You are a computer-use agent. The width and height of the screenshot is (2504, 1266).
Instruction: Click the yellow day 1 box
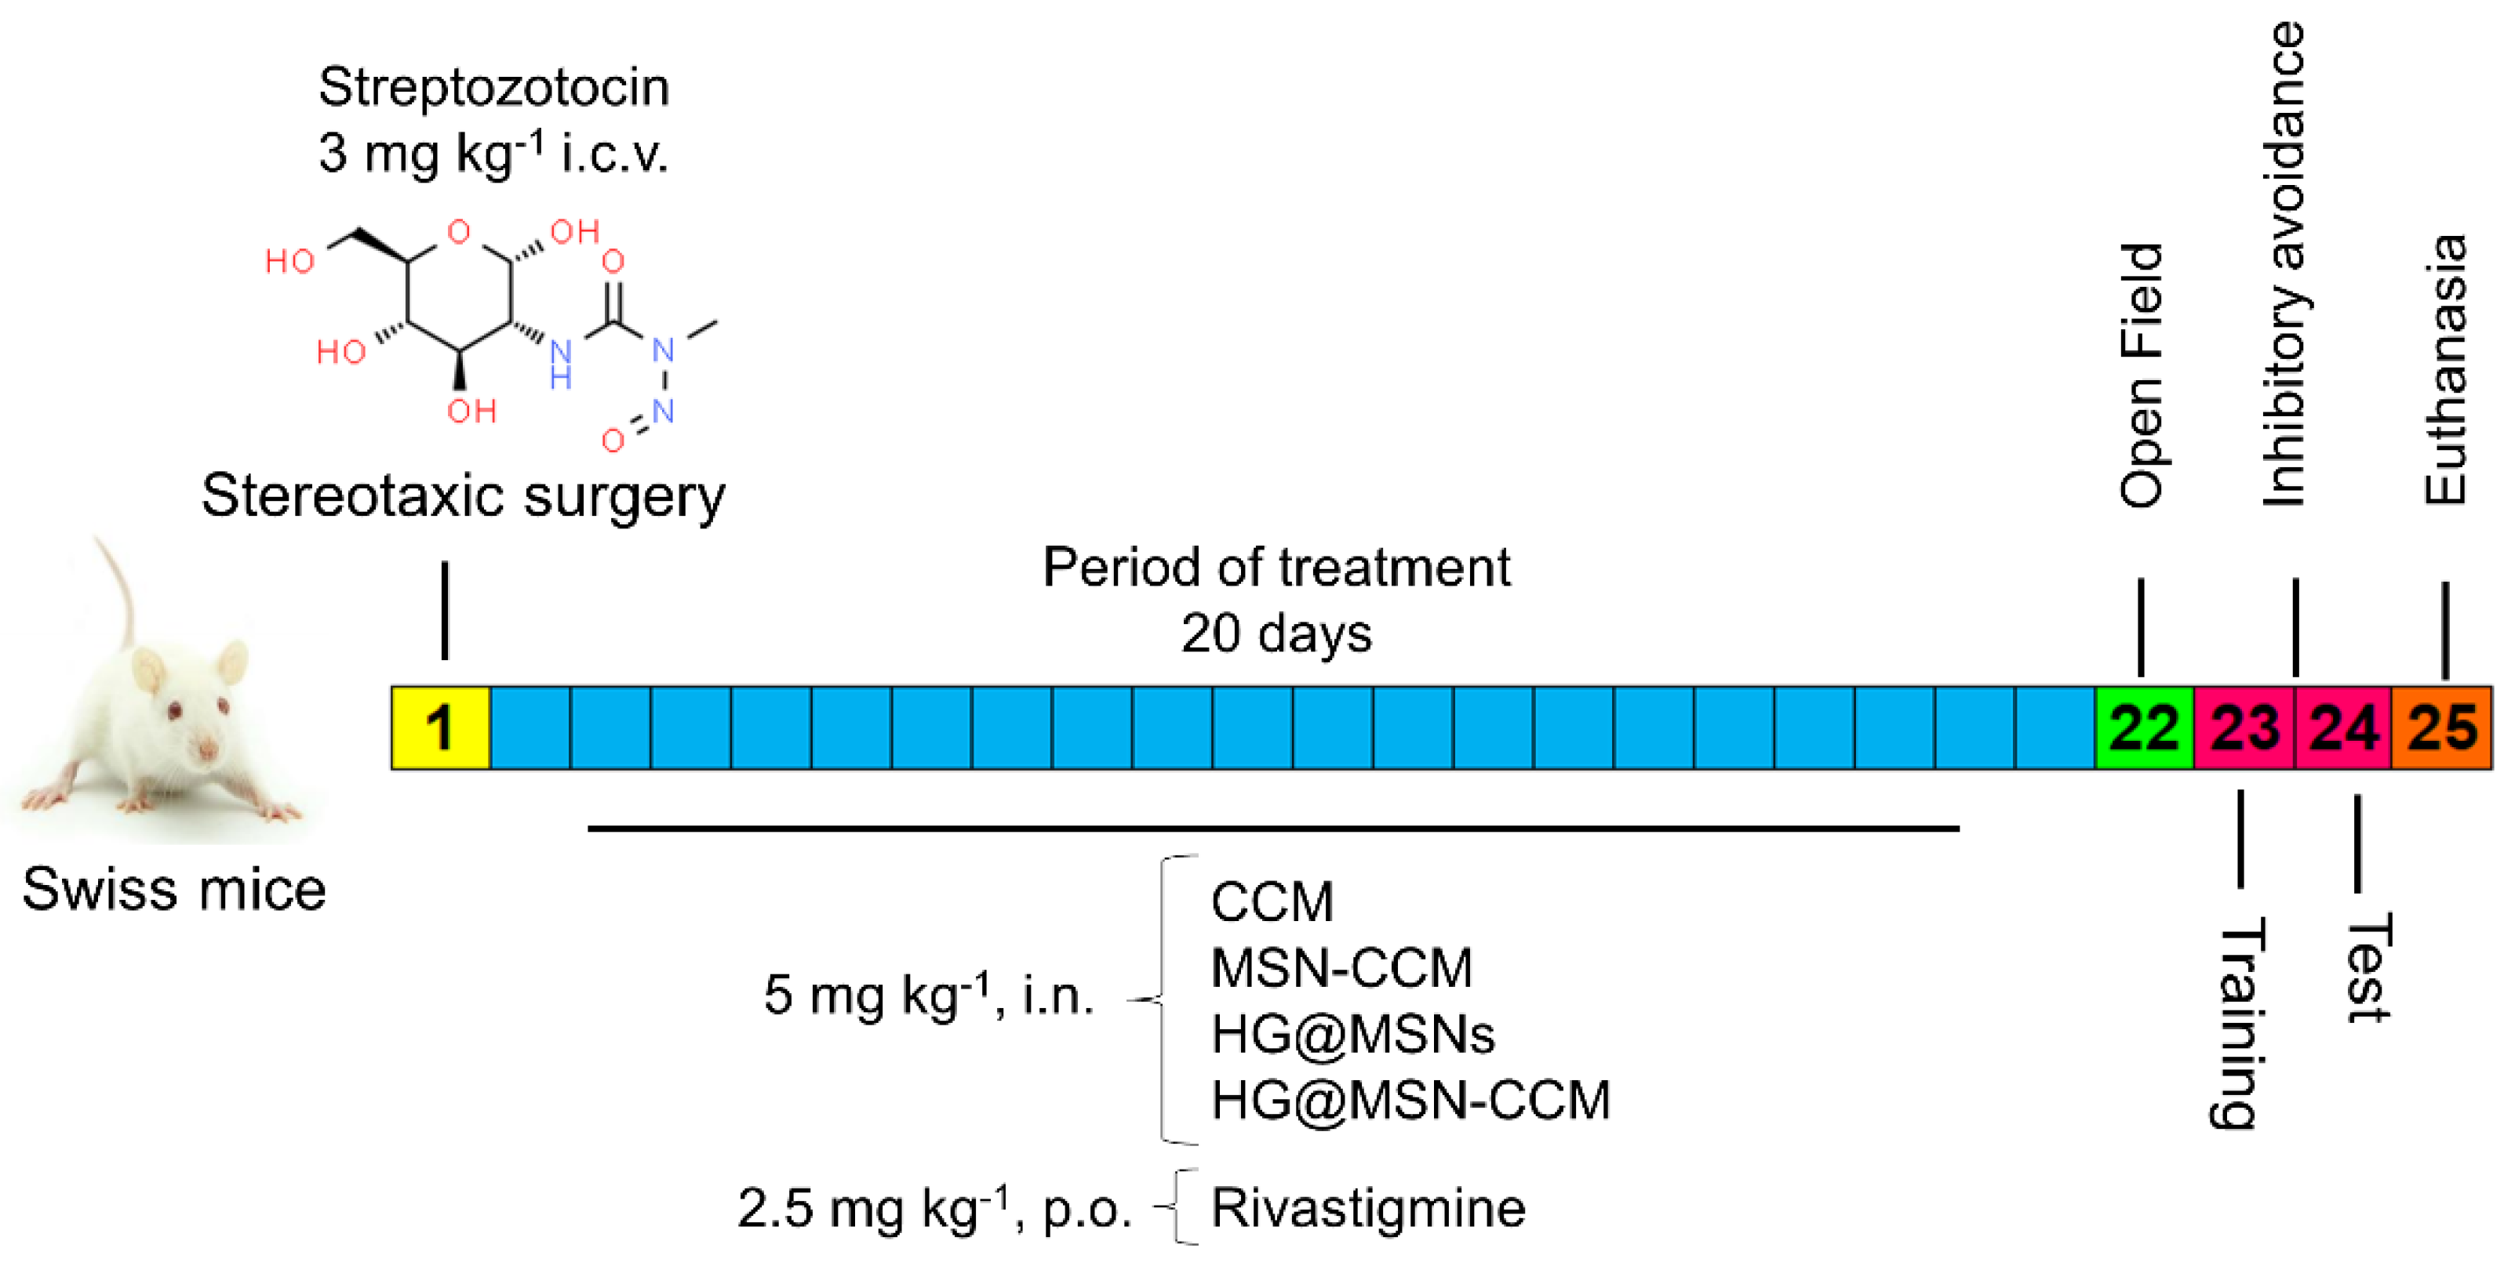point(440,727)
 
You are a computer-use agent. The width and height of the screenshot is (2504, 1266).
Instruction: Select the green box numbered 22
point(2143,727)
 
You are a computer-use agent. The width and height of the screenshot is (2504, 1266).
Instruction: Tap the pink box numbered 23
point(2244,727)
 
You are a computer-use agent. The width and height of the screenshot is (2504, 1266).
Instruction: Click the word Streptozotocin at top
point(493,88)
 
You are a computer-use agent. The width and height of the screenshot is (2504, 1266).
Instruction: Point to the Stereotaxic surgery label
point(463,495)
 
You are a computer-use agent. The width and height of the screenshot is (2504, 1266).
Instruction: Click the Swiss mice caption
point(174,889)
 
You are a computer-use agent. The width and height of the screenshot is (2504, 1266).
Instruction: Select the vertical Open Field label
point(2142,374)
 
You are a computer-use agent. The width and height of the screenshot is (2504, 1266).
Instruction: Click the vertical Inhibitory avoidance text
point(2285,264)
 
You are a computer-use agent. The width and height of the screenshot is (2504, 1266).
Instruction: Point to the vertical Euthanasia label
point(2444,369)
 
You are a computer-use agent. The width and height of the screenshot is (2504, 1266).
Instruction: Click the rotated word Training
point(2235,1023)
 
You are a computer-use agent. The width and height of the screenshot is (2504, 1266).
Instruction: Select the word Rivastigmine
point(1367,1208)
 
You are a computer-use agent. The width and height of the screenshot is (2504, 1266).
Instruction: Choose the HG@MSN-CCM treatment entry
point(1410,1100)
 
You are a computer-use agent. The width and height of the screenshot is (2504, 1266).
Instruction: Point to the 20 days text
point(1276,633)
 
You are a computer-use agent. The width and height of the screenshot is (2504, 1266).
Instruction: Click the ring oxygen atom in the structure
point(459,231)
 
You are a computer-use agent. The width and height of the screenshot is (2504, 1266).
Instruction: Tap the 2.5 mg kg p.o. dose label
point(934,1208)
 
